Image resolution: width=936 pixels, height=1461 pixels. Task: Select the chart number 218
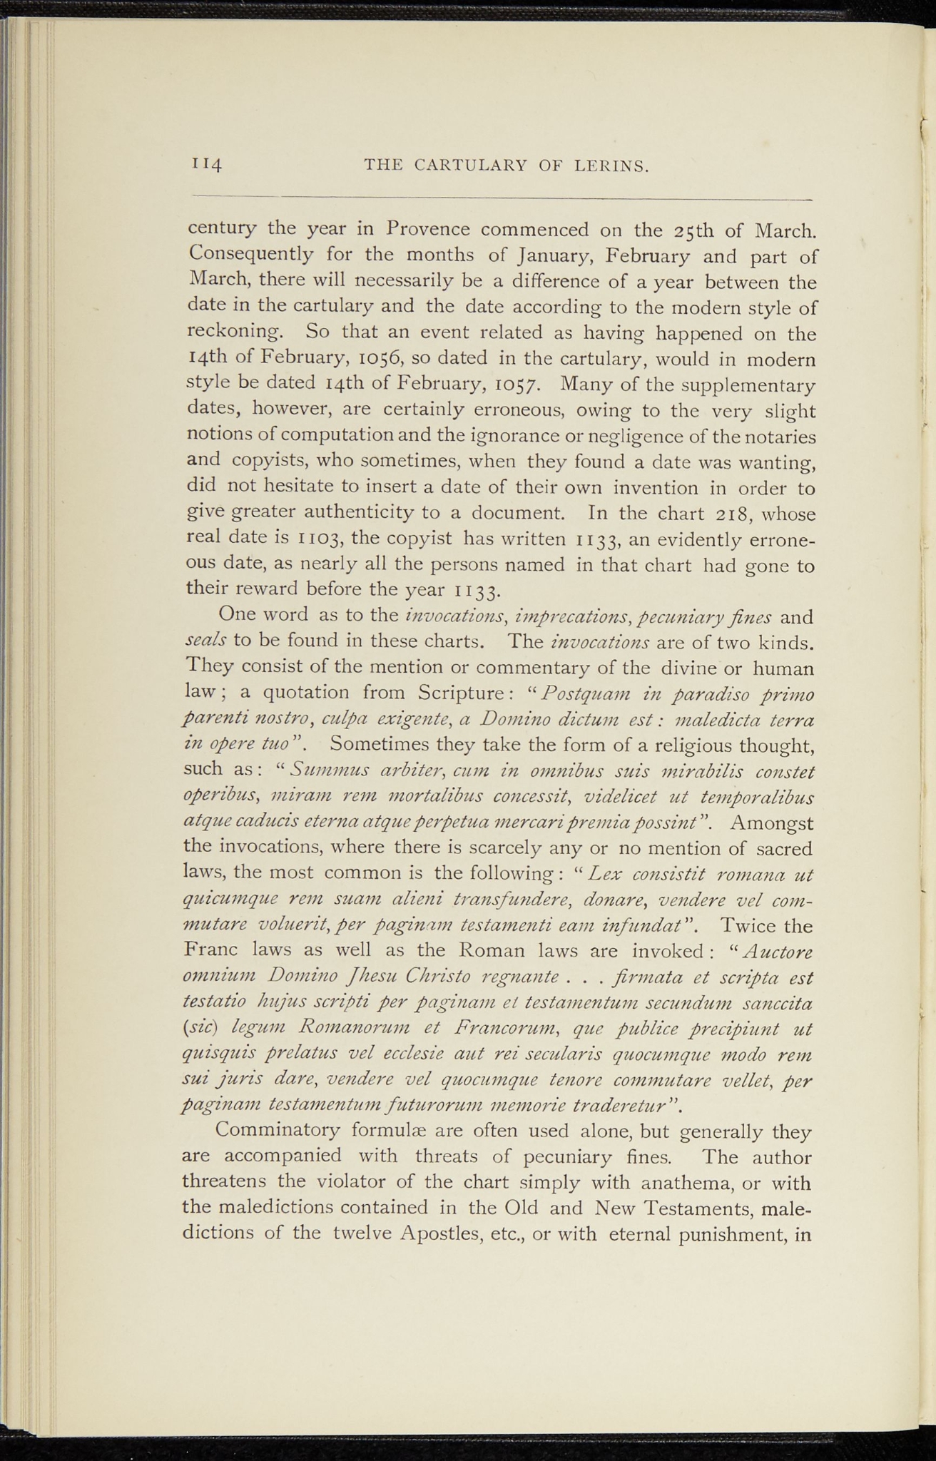(739, 513)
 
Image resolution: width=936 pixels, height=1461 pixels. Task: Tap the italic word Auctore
(776, 952)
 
